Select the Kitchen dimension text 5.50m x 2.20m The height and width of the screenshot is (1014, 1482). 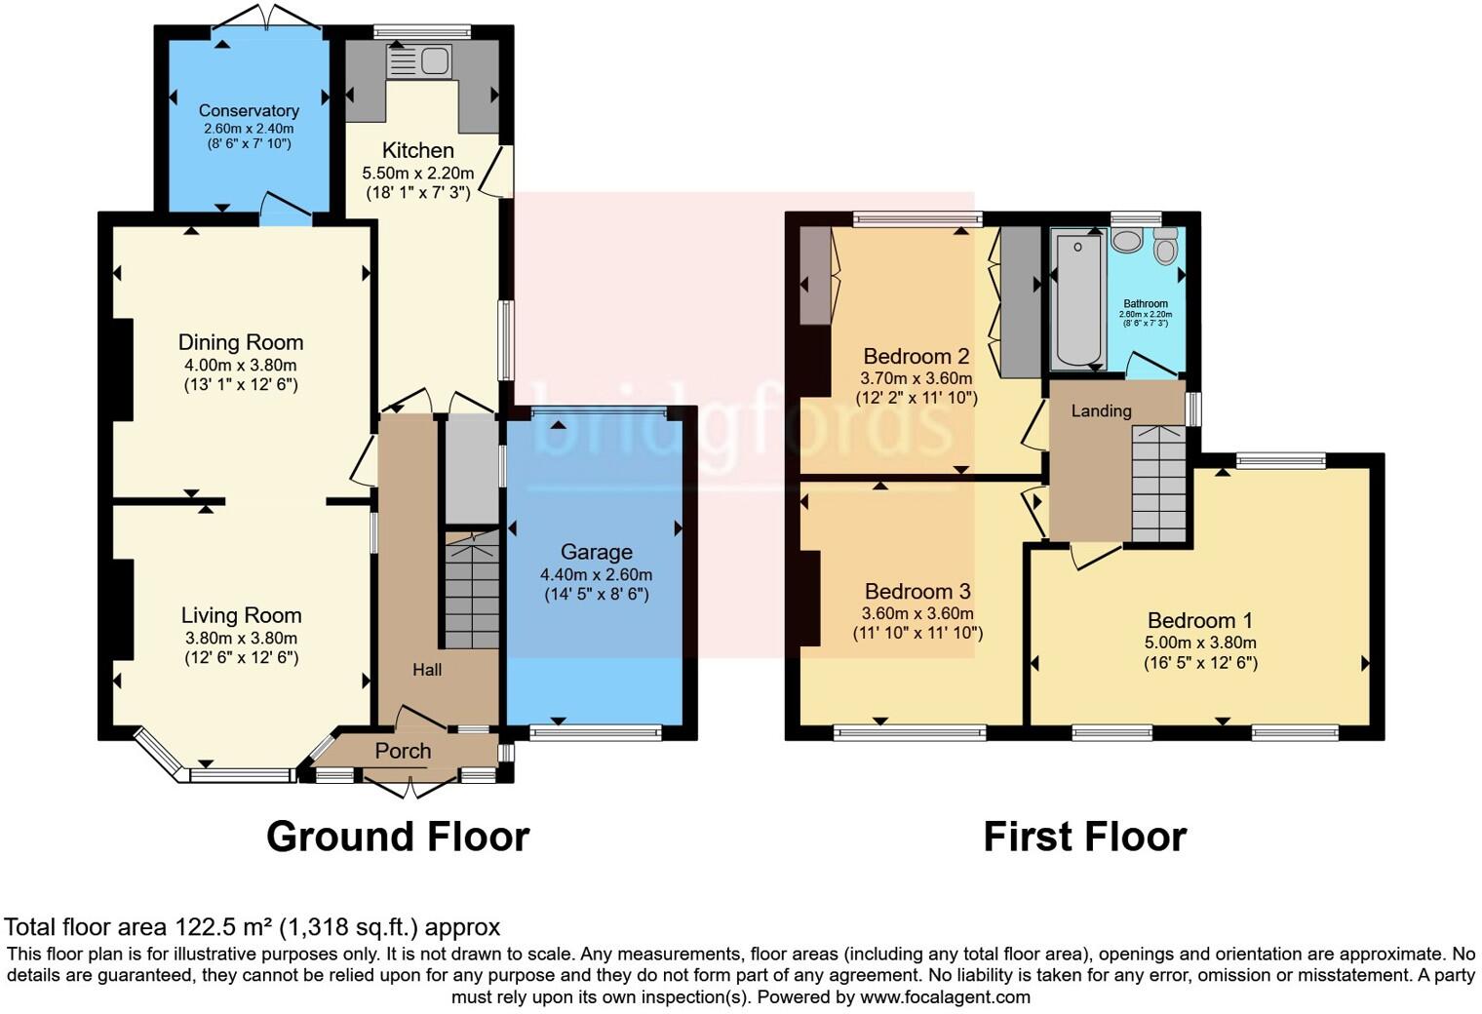[417, 174]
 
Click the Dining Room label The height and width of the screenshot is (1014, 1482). [240, 342]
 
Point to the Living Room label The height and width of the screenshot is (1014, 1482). [241, 615]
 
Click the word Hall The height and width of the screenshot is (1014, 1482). [427, 670]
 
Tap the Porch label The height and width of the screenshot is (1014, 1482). [403, 751]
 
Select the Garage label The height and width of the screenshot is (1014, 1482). [596, 552]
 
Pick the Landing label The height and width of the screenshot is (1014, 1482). [1101, 411]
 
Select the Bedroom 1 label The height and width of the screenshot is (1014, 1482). [1199, 620]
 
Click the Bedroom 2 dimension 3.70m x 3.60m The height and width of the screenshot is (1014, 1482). [916, 378]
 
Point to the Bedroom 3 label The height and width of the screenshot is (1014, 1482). [916, 591]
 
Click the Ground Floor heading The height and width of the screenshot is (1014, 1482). [397, 837]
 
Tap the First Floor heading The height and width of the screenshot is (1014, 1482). [1084, 837]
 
